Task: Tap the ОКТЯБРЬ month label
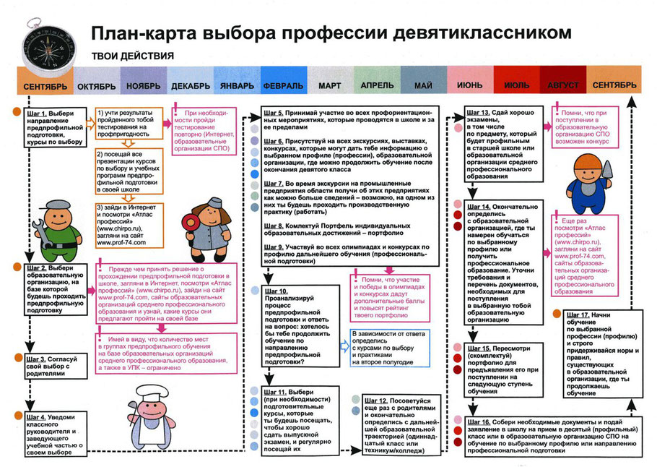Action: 96,86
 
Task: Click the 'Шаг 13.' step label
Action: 482,113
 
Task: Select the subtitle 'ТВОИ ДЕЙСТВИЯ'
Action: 132,56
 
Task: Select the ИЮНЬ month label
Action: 470,86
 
